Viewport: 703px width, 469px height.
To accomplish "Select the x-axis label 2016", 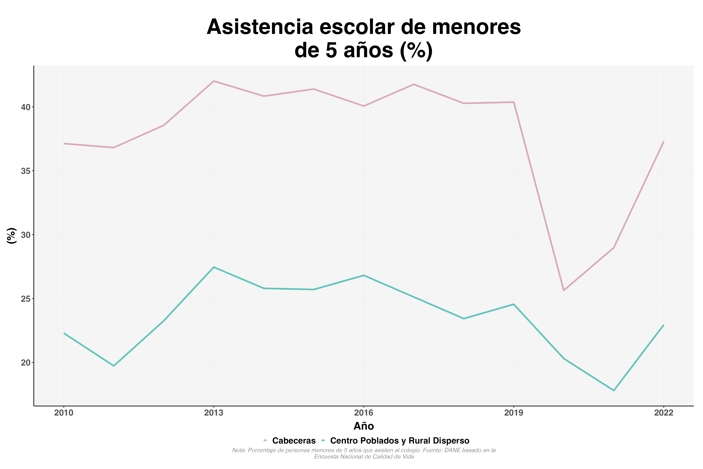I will point(364,413).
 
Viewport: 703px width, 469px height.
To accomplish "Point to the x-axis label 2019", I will point(514,413).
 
